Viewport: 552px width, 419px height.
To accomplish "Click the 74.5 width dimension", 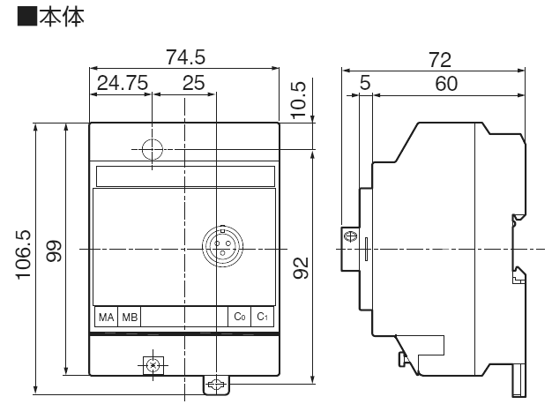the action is pos(185,57).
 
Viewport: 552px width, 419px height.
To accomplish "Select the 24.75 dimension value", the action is pos(123,83).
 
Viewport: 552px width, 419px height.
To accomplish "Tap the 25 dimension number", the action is pos(193,83).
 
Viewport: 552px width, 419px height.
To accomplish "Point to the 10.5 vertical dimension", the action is pos(299,100).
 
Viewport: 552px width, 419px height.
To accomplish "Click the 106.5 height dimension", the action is pos(24,255).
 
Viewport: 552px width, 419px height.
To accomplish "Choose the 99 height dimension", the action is pos(54,251).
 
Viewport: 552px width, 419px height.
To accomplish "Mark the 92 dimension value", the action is pos(301,268).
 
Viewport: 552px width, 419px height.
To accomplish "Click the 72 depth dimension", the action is pos(440,60).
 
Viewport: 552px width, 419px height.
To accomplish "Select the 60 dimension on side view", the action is pos(446,84).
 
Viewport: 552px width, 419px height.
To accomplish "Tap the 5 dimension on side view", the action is pos(365,83).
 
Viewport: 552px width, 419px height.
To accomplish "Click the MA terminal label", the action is pos(107,318).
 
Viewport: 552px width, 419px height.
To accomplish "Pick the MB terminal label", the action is pos(130,318).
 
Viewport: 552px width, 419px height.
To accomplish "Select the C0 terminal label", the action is pos(239,317).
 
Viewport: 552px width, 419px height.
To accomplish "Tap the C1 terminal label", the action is pos(262,317).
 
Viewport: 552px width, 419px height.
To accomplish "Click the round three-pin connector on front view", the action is pos(222,246).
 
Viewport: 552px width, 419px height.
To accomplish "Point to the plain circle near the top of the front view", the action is pos(152,149).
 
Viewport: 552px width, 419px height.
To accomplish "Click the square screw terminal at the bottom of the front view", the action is pos(153,365).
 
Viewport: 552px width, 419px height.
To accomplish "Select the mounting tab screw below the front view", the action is pos(216,385).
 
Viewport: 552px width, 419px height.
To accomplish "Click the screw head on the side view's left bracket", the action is pos(351,236).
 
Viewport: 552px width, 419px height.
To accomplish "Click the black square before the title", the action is pos(27,16).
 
